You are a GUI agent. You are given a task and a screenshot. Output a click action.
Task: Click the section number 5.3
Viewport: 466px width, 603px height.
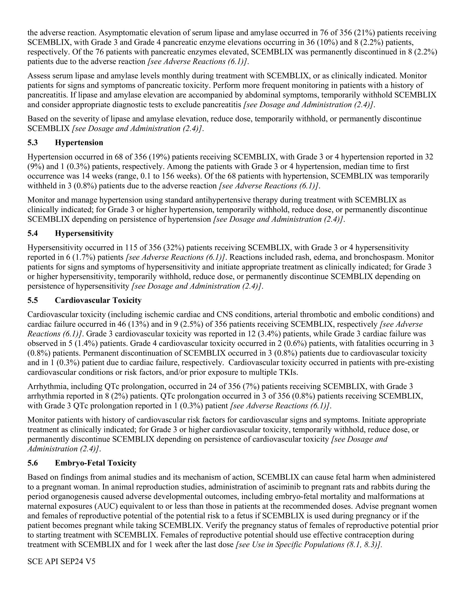coord(33,143)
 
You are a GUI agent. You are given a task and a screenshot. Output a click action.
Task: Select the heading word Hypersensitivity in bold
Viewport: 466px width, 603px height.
coord(84,234)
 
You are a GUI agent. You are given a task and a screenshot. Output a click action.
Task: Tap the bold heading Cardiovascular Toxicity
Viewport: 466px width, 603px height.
coord(98,300)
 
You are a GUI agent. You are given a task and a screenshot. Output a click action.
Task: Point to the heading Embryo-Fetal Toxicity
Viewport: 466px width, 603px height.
coord(95,463)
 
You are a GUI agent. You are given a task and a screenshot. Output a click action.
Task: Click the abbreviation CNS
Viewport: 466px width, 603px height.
coord(226,314)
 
